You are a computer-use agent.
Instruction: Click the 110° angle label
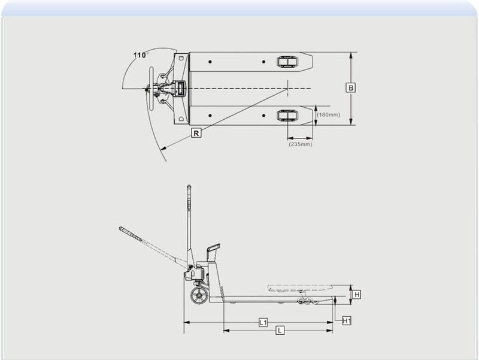(x=141, y=55)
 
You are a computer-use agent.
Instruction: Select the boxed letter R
(x=196, y=134)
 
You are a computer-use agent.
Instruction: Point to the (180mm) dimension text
(x=328, y=114)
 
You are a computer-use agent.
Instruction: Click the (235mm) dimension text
(x=300, y=144)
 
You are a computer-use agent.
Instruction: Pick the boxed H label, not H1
(x=356, y=295)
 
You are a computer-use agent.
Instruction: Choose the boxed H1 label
(x=347, y=321)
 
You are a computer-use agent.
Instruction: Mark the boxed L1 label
(x=263, y=322)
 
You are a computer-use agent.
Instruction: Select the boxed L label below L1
(x=279, y=331)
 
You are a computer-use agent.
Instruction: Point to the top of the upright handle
(x=189, y=187)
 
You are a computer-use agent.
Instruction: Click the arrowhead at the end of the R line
(x=163, y=147)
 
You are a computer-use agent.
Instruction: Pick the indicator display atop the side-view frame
(x=213, y=249)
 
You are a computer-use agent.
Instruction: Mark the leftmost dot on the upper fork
(x=211, y=62)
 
